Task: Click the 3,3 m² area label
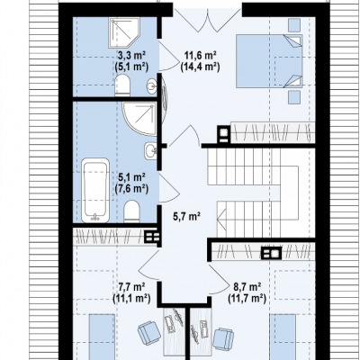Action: point(131,55)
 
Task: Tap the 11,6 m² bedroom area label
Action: point(201,55)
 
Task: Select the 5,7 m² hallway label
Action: point(186,216)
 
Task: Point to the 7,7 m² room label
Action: point(131,287)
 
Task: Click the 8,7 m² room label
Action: point(247,287)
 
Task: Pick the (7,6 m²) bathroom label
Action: point(131,189)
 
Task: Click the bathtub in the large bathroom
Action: point(95,190)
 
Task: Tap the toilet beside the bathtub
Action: point(132,211)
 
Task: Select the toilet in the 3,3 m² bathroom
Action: point(122,85)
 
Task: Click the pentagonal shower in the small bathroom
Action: point(124,32)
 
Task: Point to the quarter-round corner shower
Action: point(139,118)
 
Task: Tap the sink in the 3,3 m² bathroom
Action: point(151,86)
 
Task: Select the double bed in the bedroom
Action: point(269,61)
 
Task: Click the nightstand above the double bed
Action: point(294,24)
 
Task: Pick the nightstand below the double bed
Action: point(294,97)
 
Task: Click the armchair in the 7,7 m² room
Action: point(148,332)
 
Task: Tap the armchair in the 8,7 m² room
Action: point(223,338)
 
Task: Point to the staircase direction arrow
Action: point(221,219)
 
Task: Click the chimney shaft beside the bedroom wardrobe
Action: point(224,132)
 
